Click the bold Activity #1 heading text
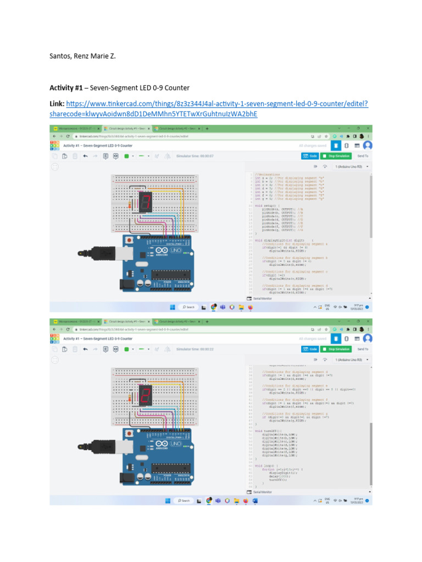67,88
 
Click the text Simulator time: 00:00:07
195,156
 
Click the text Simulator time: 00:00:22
195,349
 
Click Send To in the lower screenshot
363,349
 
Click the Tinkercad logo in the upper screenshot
54,146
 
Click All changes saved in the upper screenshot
312,146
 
